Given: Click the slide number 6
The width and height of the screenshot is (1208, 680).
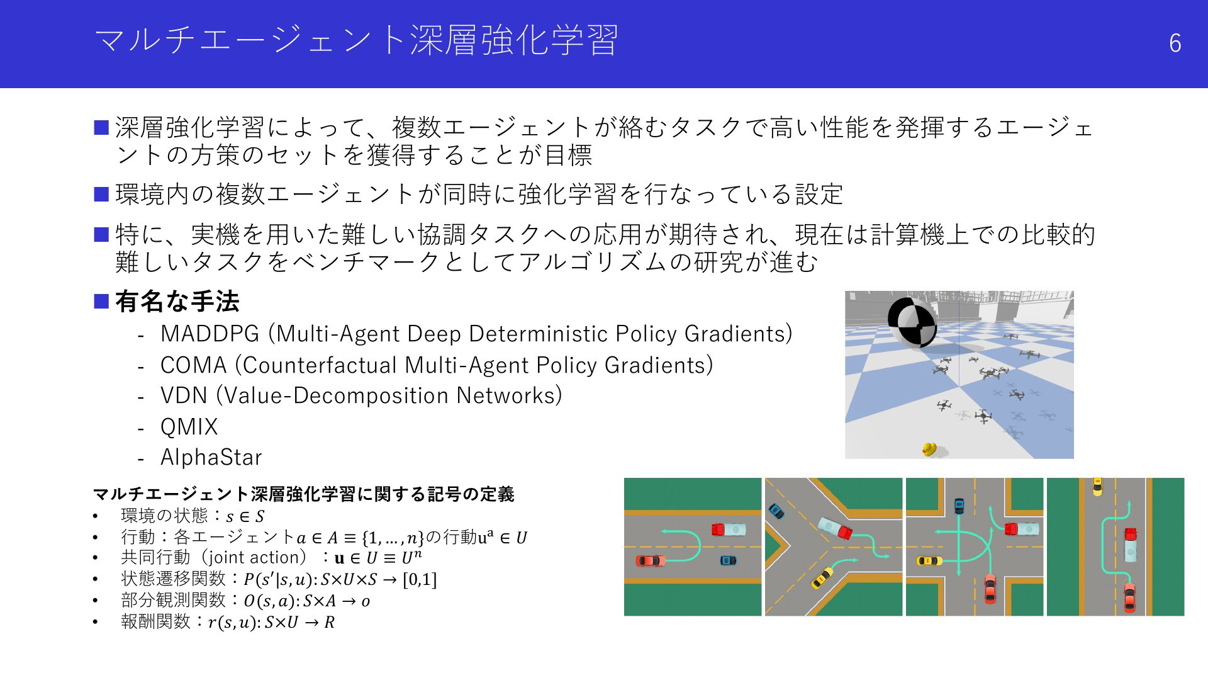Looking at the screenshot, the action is coord(1175,43).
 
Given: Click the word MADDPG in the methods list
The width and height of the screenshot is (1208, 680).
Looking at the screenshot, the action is coord(210,334).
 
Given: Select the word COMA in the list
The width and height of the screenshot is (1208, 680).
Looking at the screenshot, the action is coord(193,365).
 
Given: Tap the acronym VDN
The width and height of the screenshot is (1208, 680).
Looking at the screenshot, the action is coord(184,395).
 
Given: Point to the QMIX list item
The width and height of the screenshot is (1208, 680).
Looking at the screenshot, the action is coord(189,427).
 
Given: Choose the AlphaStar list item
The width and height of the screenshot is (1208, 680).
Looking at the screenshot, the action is coord(211,457).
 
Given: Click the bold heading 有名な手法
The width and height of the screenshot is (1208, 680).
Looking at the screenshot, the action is coord(177,302).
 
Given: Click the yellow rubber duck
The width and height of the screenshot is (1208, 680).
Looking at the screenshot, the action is coord(929,449).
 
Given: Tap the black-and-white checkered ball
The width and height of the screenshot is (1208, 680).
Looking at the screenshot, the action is coord(912,322).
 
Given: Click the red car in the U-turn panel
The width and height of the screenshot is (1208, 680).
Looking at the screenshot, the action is coord(651,560).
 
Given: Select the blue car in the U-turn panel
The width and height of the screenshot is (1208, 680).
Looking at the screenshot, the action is coord(728,560).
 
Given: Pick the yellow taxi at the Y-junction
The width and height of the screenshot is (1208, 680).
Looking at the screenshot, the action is coord(821,577).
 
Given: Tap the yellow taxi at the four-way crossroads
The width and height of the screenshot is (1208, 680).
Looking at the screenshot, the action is coord(929,561).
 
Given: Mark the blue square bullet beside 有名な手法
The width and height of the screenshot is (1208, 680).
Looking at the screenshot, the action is coord(102,302).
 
